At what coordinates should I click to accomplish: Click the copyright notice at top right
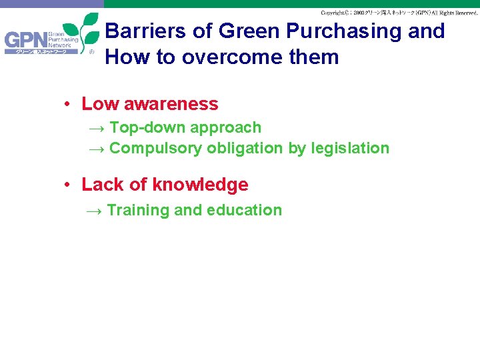tap(399, 13)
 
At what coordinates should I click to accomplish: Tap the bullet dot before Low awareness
tap(68, 105)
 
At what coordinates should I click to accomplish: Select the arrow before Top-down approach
tap(97, 127)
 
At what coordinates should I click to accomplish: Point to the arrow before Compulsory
tap(97, 149)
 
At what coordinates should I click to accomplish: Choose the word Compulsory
tap(155, 149)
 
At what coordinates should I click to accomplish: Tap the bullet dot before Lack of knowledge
tap(68, 185)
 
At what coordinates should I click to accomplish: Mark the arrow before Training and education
tap(95, 211)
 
